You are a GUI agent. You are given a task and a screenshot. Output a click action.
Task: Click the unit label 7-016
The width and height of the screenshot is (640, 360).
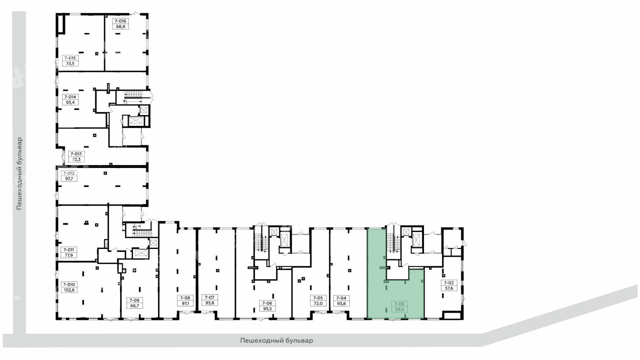point(121,21)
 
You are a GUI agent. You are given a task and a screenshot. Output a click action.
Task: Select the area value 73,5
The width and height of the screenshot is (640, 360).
point(71,64)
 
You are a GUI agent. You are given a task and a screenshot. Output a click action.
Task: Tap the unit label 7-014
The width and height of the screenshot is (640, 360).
point(70,97)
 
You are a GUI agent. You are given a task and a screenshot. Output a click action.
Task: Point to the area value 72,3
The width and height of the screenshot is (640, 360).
point(76,159)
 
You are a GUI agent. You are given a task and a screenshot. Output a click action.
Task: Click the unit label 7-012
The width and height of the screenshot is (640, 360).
point(69,173)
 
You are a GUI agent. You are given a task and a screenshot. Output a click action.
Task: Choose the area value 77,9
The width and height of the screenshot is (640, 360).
point(69,255)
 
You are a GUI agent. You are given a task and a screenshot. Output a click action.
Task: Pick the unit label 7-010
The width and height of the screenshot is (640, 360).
point(69,284)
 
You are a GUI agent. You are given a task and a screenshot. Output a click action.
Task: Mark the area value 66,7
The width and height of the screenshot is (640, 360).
point(134,306)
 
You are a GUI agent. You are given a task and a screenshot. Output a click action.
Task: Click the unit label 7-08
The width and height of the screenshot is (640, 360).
point(185,298)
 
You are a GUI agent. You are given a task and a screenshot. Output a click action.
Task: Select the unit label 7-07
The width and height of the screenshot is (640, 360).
point(209,298)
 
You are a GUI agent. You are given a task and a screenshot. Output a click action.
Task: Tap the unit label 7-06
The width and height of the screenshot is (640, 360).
point(267,303)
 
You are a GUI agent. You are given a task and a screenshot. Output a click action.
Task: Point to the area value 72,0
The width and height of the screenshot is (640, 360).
point(318,303)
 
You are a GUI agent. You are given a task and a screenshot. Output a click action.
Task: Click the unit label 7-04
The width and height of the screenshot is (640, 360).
point(341,298)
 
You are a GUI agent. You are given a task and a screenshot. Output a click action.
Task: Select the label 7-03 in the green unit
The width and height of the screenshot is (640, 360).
point(399,304)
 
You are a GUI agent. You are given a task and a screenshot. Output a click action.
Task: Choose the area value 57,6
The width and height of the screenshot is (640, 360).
point(449,288)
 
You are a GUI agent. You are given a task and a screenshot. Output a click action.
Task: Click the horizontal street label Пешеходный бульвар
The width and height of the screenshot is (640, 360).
point(277,340)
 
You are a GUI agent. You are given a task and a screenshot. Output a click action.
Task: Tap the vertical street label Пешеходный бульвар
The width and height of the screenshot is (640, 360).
point(20,174)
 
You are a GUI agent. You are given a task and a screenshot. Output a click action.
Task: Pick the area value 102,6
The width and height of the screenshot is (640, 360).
point(69,290)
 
